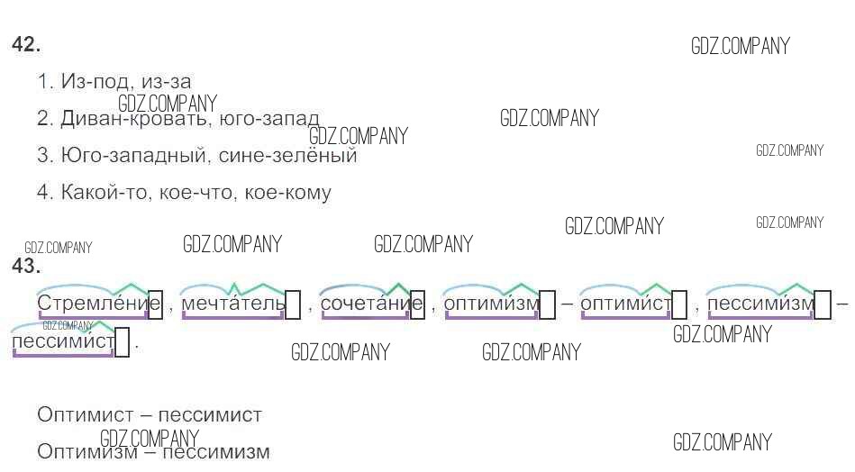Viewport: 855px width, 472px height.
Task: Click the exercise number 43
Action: [x=25, y=266]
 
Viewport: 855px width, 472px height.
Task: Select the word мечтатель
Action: [x=233, y=304]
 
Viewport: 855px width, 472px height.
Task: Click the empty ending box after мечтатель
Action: [x=293, y=304]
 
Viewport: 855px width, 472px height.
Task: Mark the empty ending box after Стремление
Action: [x=155, y=304]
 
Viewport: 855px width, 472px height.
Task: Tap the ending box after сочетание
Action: [x=417, y=304]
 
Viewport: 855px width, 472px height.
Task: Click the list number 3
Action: [x=45, y=156]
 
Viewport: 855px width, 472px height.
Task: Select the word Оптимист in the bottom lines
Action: [x=86, y=415]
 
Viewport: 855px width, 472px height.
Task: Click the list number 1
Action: [x=45, y=82]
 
